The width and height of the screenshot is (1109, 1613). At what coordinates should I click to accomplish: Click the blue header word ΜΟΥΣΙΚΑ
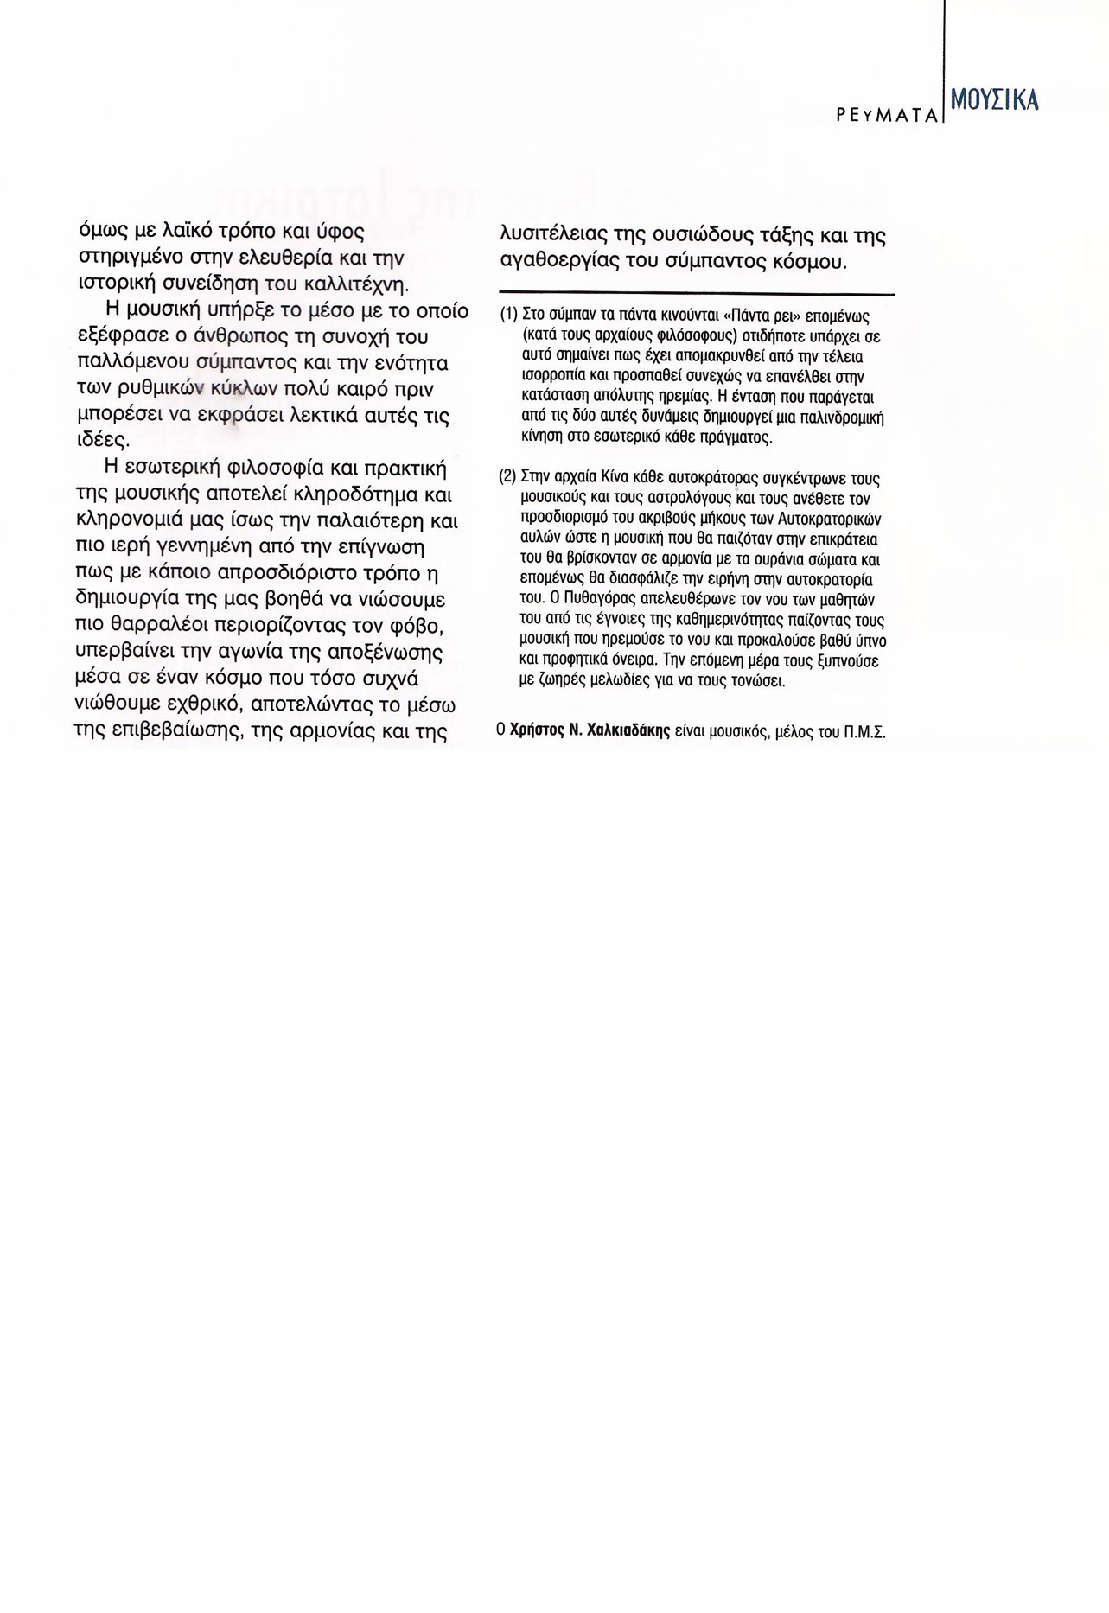point(994,100)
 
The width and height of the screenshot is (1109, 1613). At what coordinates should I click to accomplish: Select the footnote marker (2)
point(508,476)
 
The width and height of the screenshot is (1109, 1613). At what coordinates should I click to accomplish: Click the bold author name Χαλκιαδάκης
point(628,731)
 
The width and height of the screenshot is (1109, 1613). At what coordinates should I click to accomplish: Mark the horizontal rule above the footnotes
point(697,295)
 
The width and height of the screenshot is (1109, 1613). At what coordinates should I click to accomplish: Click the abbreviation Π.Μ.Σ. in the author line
point(864,732)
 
